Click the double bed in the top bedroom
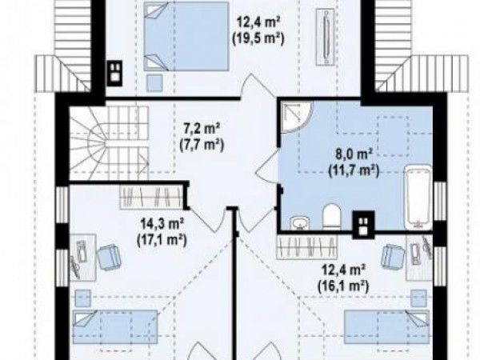(186, 37)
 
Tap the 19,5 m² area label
(258, 39)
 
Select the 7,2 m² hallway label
(202, 129)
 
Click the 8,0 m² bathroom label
(354, 154)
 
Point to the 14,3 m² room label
(162, 224)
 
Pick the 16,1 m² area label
(343, 286)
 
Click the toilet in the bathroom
(332, 217)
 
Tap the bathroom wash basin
(299, 222)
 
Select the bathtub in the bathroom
(418, 198)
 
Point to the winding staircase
(110, 142)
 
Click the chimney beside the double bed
(114, 73)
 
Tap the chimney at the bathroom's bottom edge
(363, 225)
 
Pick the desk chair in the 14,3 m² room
(109, 257)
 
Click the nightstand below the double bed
(154, 82)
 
